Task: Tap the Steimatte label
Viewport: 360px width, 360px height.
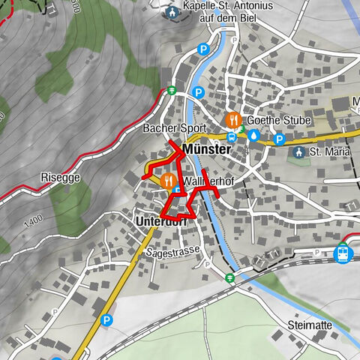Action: [309, 325]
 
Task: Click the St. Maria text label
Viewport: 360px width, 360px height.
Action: [331, 152]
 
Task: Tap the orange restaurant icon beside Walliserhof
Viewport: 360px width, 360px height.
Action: [168, 181]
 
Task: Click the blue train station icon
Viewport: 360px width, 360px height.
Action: [343, 253]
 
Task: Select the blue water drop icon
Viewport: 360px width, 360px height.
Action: [253, 136]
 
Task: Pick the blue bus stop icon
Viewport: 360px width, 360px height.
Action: [232, 137]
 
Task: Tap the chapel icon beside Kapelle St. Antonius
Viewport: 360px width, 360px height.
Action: [174, 13]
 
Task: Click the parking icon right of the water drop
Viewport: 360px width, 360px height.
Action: [279, 139]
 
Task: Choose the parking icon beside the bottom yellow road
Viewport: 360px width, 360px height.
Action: [106, 319]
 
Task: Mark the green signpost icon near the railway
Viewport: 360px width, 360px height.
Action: [230, 277]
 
